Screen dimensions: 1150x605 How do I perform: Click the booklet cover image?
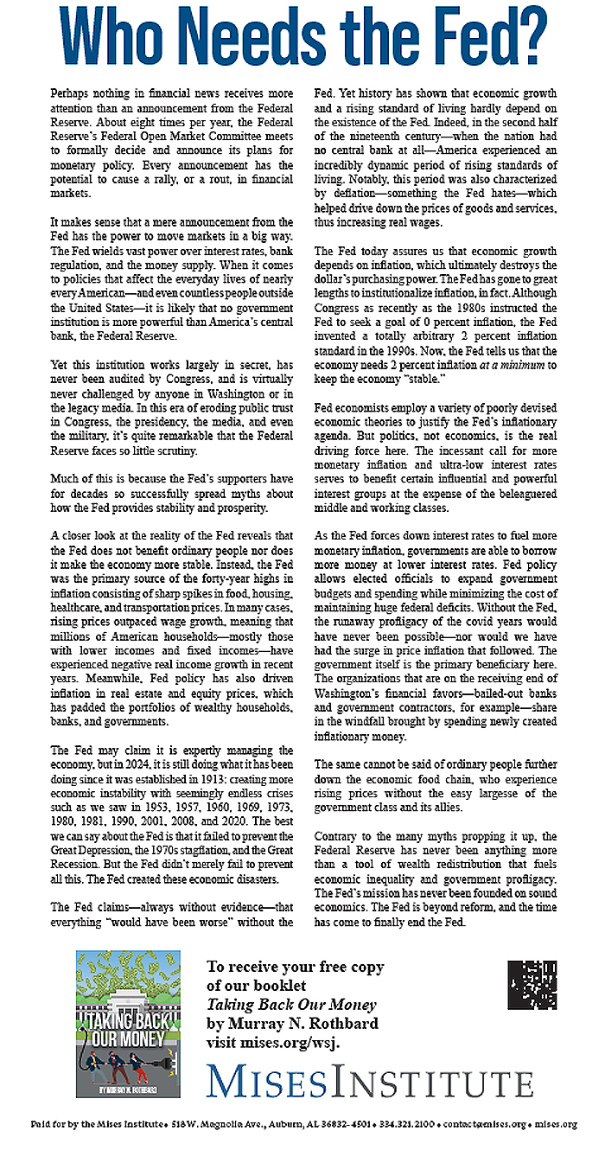129,1024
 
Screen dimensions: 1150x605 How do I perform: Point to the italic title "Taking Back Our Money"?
291,1004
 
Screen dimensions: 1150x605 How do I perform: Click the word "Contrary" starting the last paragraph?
338,837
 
